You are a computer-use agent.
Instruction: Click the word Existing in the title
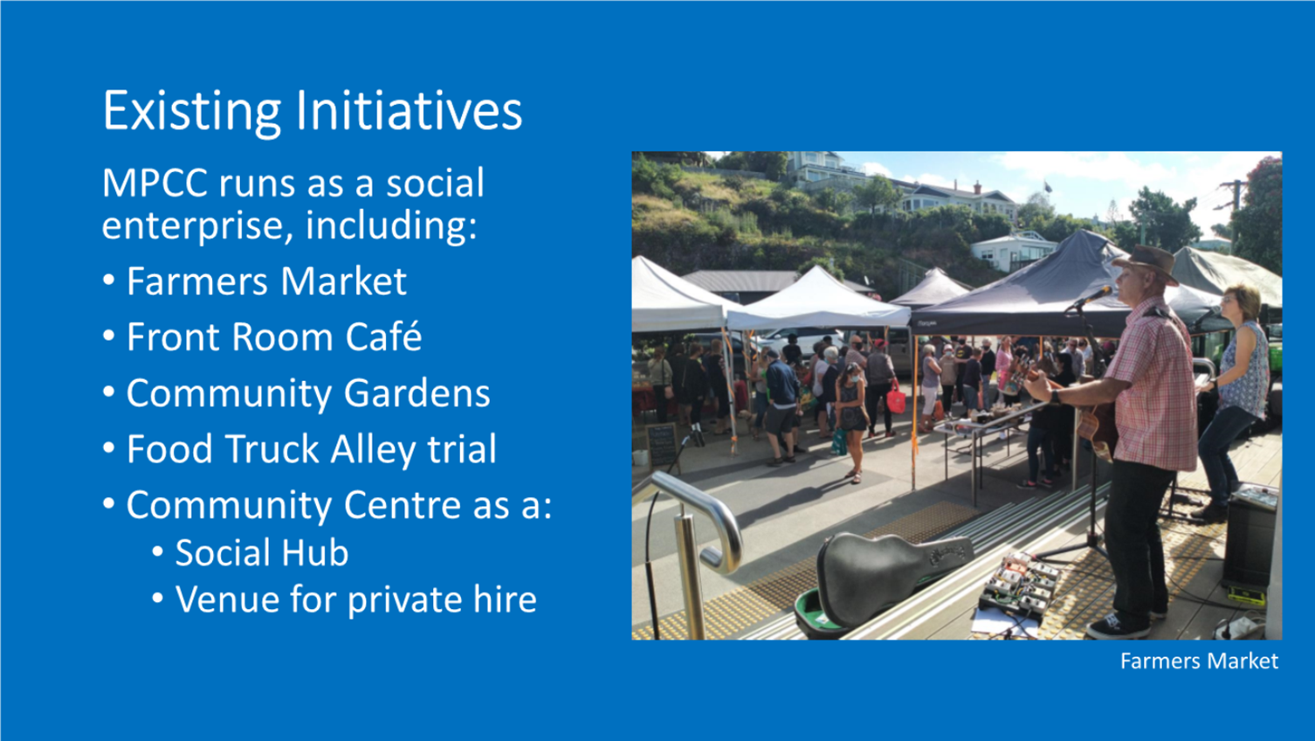(191, 112)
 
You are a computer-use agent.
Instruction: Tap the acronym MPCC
(155, 183)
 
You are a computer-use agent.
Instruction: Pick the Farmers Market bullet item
(266, 280)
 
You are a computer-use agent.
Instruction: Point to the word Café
(383, 336)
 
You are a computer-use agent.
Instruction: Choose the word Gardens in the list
(417, 392)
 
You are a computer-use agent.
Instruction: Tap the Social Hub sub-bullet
(262, 553)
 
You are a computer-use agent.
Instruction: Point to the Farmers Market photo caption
(1199, 661)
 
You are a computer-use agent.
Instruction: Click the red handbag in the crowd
(896, 398)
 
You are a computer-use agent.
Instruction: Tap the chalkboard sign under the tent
(662, 445)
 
